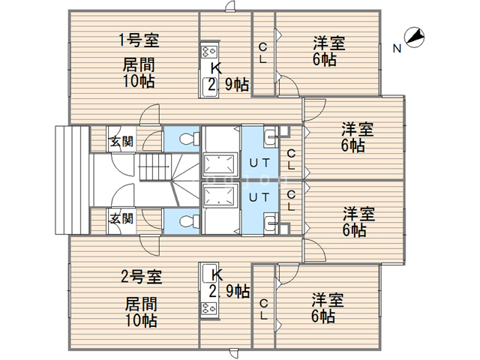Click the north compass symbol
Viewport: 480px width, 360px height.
tap(414, 37)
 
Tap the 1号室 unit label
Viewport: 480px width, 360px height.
tap(139, 40)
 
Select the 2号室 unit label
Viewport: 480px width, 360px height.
tap(141, 277)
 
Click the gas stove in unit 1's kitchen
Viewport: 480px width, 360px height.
tap(210, 51)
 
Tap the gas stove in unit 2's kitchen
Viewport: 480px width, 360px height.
tap(210, 309)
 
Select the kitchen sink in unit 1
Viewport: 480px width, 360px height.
tap(210, 87)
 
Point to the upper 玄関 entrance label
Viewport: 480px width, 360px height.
tap(121, 142)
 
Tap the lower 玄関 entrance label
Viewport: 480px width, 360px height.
tap(121, 218)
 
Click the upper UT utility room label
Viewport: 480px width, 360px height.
tap(259, 163)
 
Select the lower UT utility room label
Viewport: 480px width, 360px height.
tap(259, 197)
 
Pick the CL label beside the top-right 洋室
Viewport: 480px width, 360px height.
tap(262, 53)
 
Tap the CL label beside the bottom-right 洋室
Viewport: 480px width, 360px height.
tap(264, 310)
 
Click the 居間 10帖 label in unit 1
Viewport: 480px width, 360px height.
tap(139, 73)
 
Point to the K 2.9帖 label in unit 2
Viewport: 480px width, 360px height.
tap(229, 283)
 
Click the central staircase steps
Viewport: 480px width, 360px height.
tap(155, 167)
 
